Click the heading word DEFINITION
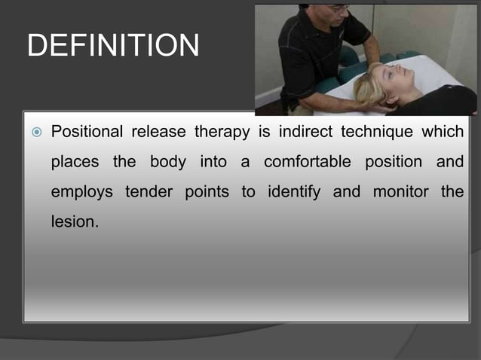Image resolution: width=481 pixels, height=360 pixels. click(113, 46)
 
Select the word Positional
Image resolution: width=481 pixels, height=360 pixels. click(87, 133)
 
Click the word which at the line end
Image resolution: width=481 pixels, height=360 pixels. click(443, 133)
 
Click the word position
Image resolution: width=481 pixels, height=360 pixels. click(393, 163)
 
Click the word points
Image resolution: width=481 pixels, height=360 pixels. click(207, 192)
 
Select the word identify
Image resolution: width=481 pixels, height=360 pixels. click(296, 192)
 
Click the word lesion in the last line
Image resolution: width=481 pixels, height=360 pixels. click(73, 222)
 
